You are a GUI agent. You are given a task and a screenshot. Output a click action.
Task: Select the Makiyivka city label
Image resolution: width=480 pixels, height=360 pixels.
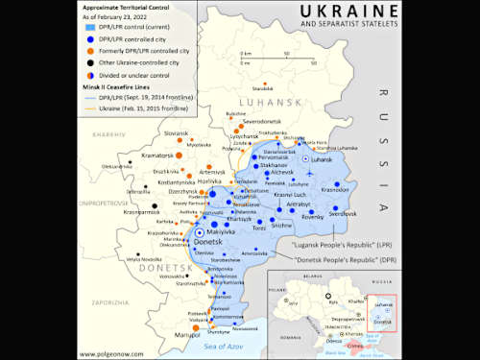point(223,230)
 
